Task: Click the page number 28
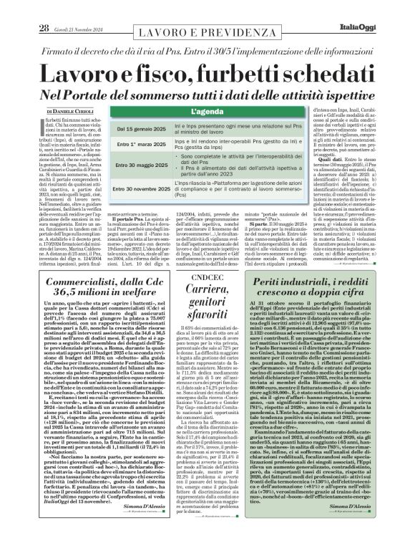click(23, 9)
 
